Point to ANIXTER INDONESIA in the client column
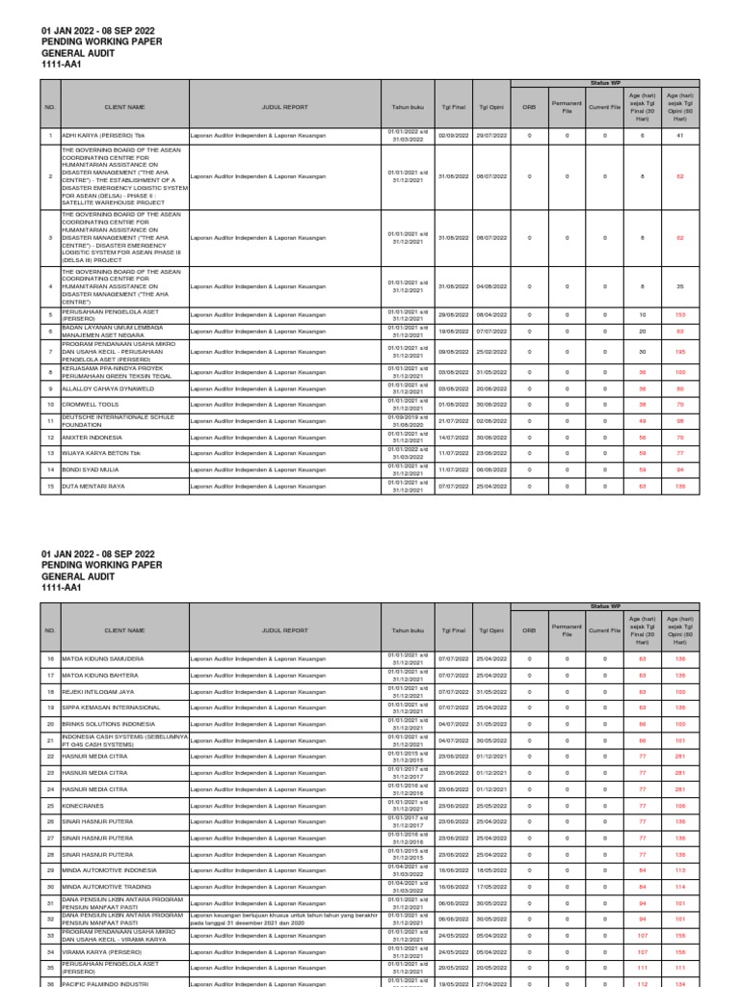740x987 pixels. (x=92, y=438)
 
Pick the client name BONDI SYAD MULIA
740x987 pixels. (x=91, y=469)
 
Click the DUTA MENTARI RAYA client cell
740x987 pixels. (x=92, y=487)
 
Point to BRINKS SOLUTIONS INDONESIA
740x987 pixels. (x=109, y=723)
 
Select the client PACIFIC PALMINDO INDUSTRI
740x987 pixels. (x=107, y=982)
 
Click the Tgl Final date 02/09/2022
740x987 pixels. (x=452, y=136)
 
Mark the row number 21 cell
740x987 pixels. (x=50, y=739)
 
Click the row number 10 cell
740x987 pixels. (x=50, y=405)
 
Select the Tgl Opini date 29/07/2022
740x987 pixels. (x=490, y=136)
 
